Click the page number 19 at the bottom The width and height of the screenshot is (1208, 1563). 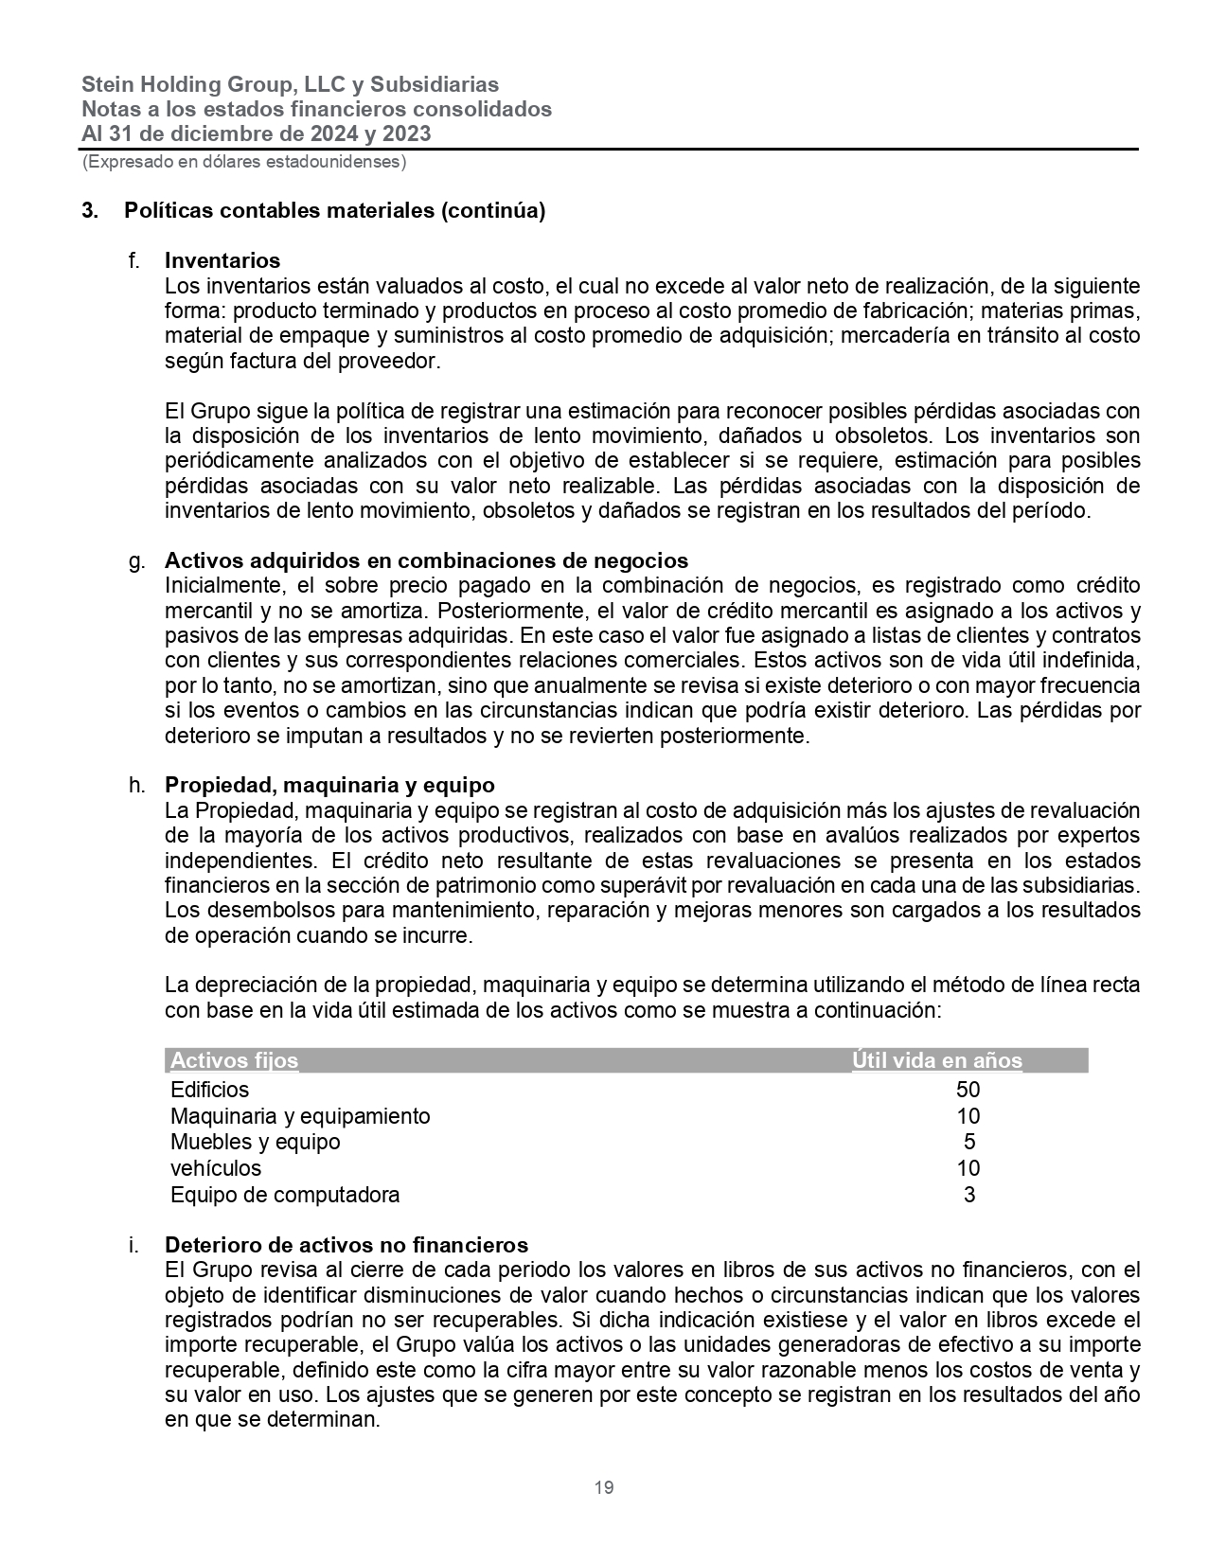[604, 1487]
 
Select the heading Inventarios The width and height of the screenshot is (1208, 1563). [222, 260]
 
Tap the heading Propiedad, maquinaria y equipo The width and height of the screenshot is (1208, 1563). [329, 785]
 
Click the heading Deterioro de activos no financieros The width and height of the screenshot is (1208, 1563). [346, 1245]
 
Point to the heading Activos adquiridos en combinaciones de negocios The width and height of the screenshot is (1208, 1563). [426, 560]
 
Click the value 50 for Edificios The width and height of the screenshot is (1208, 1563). [968, 1090]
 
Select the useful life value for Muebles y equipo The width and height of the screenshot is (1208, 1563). [968, 1142]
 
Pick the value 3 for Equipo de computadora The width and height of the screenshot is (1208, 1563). [968, 1195]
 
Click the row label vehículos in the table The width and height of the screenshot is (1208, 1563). [216, 1168]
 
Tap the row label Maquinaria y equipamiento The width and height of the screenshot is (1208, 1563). [300, 1116]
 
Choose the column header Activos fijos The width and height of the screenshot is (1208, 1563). [234, 1060]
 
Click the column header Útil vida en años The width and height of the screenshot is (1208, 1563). [936, 1060]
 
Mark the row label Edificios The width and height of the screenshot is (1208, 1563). [209, 1090]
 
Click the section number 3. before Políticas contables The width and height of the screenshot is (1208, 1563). [90, 211]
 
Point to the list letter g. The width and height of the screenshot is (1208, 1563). [136, 560]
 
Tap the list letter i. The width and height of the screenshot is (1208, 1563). [133, 1245]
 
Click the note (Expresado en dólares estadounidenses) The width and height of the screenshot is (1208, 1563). [244, 162]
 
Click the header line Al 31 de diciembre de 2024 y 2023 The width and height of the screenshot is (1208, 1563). [256, 133]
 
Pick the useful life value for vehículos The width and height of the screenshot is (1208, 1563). [968, 1168]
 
